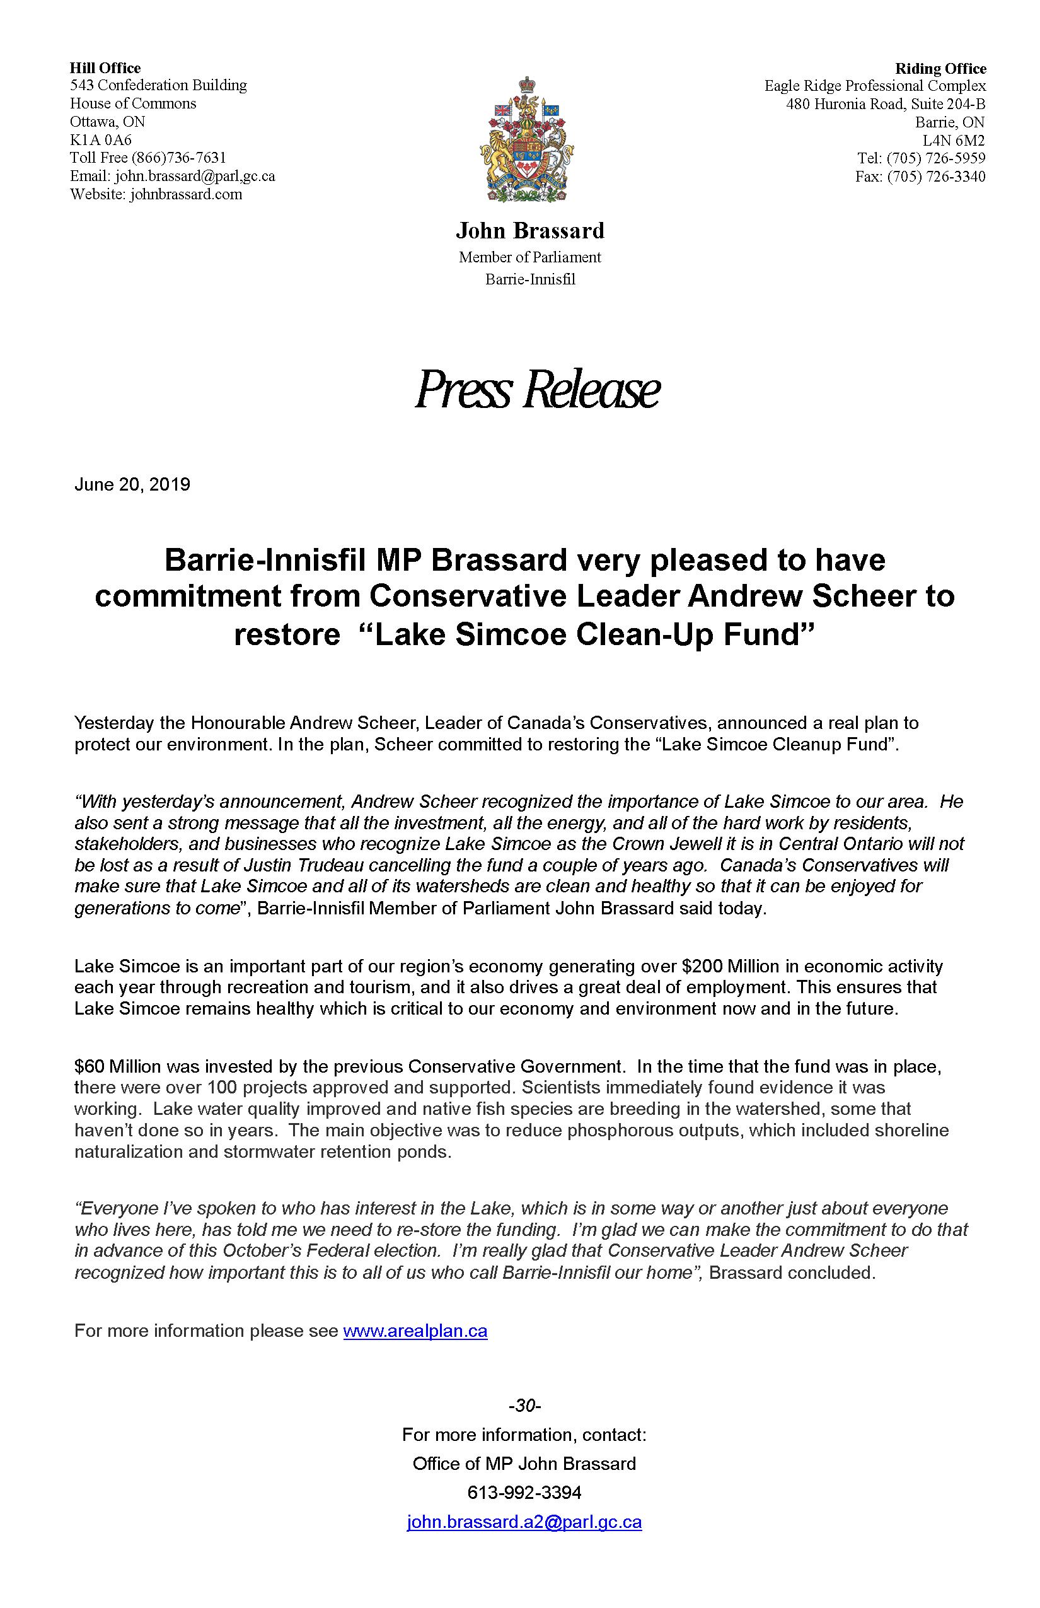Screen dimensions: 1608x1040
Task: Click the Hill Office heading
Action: click(105, 68)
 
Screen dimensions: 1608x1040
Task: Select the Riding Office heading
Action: click(940, 69)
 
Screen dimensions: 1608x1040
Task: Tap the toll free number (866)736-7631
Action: click(179, 158)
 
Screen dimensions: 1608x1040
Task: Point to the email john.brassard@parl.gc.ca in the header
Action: click(195, 177)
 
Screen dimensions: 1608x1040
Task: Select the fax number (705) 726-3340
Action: click(936, 177)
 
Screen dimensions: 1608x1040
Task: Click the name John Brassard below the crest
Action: click(530, 231)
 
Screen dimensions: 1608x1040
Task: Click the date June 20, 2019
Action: click(132, 484)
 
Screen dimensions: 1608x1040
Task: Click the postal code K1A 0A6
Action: click(101, 140)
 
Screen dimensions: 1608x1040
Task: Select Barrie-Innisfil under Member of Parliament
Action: click(530, 279)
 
